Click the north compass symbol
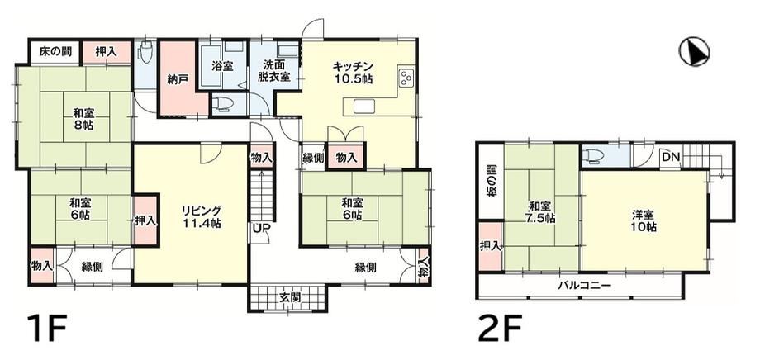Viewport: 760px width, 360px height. click(694, 52)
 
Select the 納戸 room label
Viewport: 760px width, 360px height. click(178, 80)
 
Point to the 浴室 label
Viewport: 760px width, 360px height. click(222, 67)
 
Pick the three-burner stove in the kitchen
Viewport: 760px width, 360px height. click(406, 78)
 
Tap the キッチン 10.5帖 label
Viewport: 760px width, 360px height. click(352, 73)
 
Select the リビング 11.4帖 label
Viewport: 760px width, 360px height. click(202, 217)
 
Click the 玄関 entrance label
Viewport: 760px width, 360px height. click(288, 297)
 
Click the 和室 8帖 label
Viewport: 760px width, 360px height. click(84, 119)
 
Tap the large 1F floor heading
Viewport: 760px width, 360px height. click(46, 329)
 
